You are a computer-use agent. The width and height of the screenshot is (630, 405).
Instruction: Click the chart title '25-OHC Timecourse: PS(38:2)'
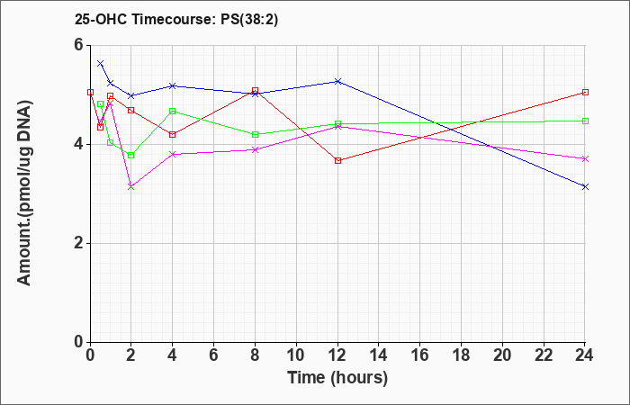tap(176, 20)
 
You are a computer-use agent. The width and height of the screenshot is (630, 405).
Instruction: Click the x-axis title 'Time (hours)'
tap(337, 378)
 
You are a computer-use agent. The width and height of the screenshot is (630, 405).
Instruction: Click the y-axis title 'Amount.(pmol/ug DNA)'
tap(24, 193)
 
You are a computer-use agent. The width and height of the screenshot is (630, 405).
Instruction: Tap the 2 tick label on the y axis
tap(79, 244)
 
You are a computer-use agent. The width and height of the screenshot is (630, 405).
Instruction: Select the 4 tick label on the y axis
tap(79, 144)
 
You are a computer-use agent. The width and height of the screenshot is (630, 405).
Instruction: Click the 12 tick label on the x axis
tap(337, 355)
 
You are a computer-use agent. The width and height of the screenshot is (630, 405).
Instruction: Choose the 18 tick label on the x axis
tap(462, 355)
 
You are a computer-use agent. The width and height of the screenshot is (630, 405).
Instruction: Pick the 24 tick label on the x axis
tap(584, 355)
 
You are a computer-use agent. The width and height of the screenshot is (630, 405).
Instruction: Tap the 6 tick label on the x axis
tap(214, 355)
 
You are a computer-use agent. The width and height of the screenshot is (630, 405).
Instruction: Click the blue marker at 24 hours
tap(585, 187)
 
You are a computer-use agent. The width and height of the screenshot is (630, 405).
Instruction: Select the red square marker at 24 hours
tap(585, 93)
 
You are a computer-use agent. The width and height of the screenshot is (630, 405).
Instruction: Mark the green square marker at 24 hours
tap(585, 121)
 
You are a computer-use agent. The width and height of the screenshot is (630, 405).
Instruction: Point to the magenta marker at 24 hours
tap(585, 158)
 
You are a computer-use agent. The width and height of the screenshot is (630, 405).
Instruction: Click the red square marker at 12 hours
tap(337, 161)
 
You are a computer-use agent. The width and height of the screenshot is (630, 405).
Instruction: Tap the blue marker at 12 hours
tap(337, 82)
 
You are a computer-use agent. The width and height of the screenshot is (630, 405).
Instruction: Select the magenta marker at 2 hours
tap(131, 187)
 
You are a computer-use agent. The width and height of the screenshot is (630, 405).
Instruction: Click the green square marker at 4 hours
tap(173, 112)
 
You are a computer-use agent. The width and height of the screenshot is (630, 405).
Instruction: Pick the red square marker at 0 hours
tap(90, 93)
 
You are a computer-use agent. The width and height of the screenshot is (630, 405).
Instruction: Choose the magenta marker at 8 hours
tap(255, 150)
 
